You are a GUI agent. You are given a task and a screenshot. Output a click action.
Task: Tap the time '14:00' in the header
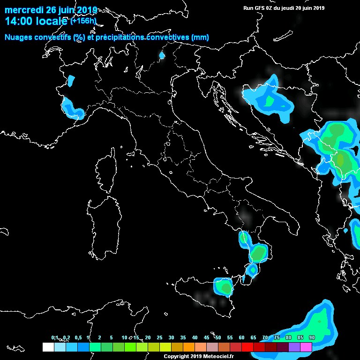[19, 21]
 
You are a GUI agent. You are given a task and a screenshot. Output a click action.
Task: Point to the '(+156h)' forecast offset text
[83, 21]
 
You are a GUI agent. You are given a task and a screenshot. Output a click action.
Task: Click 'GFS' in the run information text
[259, 8]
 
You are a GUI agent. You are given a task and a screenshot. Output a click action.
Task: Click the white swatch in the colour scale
[48, 347]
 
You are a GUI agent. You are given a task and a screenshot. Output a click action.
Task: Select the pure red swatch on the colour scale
[247, 347]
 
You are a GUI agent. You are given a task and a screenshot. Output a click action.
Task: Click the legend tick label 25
[159, 338]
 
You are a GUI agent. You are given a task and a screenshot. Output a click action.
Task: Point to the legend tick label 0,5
[77, 338]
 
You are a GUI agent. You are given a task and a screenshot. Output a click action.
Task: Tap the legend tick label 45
[206, 338]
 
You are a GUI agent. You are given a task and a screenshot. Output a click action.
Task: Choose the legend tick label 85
[300, 338]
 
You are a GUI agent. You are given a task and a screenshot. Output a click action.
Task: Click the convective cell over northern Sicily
[224, 286]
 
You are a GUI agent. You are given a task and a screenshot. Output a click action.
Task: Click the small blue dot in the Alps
[162, 55]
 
